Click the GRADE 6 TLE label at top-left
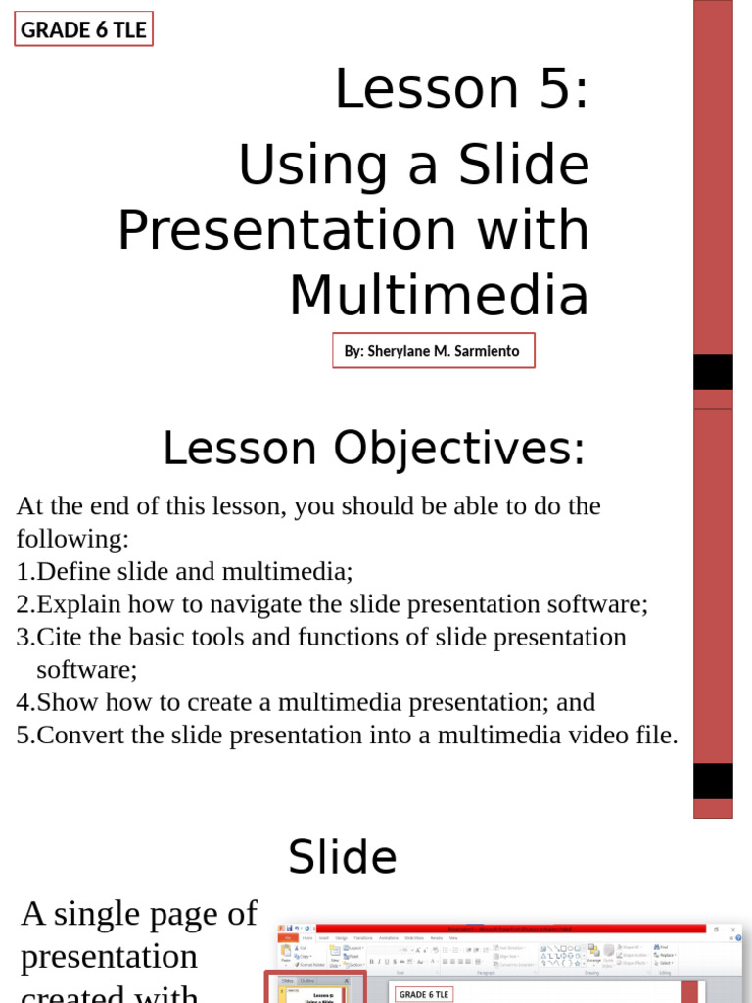(x=83, y=29)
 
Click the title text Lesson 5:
(x=461, y=89)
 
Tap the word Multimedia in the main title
(x=439, y=296)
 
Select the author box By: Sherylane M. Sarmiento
(x=433, y=351)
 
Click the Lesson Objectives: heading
(x=373, y=450)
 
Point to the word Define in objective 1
(x=70, y=571)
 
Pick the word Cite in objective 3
(x=56, y=637)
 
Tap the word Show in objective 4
(x=67, y=702)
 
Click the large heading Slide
(x=342, y=858)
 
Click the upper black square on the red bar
(x=713, y=372)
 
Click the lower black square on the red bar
(x=713, y=781)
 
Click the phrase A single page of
(x=138, y=914)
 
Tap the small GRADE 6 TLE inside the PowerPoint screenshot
(x=425, y=994)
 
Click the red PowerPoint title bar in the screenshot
(x=509, y=928)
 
